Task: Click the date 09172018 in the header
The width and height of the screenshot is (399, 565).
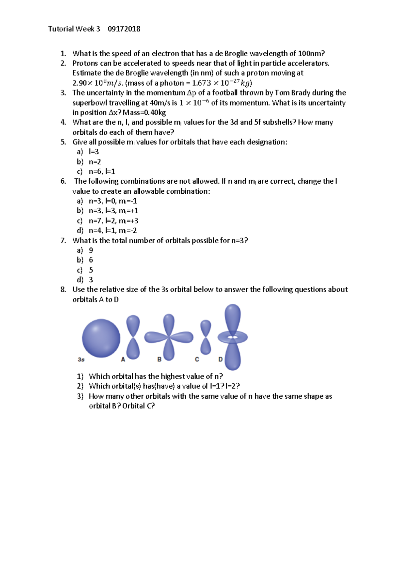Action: pyautogui.click(x=124, y=29)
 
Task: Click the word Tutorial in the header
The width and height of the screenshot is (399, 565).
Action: pyautogui.click(x=61, y=29)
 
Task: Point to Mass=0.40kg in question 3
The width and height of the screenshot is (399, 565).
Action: pyautogui.click(x=144, y=112)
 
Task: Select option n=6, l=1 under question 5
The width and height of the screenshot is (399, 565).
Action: pyautogui.click(x=102, y=172)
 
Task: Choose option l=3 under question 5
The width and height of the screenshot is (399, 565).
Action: pyautogui.click(x=94, y=152)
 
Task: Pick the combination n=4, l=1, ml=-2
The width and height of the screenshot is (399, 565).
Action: pyautogui.click(x=113, y=231)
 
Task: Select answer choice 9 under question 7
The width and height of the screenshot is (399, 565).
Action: pyautogui.click(x=91, y=250)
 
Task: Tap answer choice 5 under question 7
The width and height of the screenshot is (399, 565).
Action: pyautogui.click(x=91, y=270)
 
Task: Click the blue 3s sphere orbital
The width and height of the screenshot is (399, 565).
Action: pyautogui.click(x=101, y=338)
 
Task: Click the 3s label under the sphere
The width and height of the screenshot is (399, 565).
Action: pyautogui.click(x=81, y=359)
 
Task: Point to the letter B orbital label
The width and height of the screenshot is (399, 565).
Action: pyautogui.click(x=159, y=359)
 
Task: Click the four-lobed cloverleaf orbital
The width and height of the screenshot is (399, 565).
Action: pyautogui.click(x=169, y=337)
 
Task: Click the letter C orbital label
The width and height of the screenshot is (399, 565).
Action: pyautogui.click(x=197, y=359)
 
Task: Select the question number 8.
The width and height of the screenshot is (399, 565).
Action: pyautogui.click(x=63, y=289)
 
